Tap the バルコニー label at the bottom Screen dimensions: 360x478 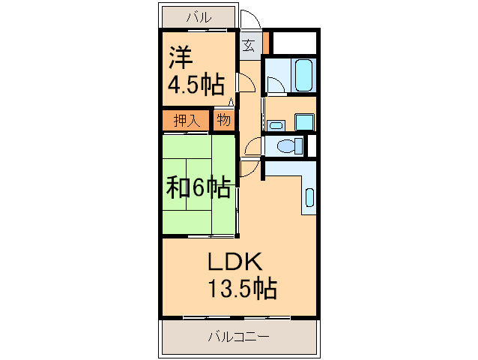pos(238,337)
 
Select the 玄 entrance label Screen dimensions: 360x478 pos(249,44)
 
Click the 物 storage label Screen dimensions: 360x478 pos(224,120)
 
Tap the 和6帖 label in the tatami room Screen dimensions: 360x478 pos(198,187)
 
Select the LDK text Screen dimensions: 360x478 pos(234,262)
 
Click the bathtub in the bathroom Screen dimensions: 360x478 pos(303,75)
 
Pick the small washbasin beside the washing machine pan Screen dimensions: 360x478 pos(275,123)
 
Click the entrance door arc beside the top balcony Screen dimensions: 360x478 pos(249,19)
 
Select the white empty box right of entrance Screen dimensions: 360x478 pos(294,43)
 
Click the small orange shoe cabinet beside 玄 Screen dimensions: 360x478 pos(265,43)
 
